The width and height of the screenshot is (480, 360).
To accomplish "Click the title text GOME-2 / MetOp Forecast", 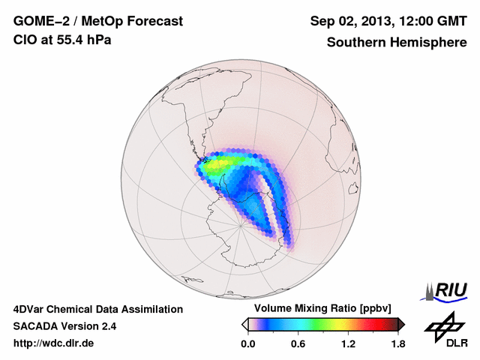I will coord(98,22).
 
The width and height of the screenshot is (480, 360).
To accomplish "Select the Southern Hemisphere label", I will coord(397,43).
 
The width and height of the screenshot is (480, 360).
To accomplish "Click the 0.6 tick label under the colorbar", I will coord(298,344).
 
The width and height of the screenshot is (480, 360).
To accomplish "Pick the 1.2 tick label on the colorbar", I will coord(348,344).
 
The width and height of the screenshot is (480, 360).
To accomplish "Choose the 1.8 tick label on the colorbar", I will coord(397,344).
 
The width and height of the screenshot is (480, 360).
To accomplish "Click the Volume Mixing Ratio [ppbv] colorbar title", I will coord(321,309).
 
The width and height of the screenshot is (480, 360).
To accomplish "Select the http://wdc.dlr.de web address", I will coord(54,343).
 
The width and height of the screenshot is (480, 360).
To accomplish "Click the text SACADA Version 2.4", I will coord(64,326).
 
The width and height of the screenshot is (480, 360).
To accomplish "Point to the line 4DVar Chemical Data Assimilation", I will coord(97,309).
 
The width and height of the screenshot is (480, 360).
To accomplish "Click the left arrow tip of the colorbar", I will coord(244,324).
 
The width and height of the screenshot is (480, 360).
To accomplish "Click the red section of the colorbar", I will coord(375,324).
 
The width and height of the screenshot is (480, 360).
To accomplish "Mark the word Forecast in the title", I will coord(155,22).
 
